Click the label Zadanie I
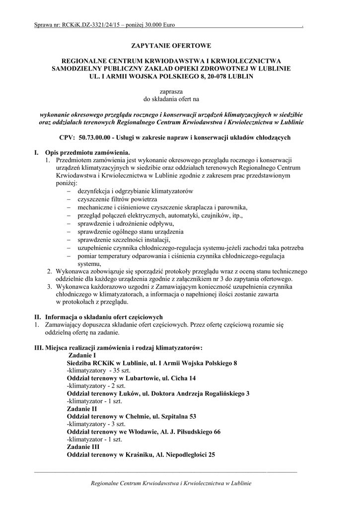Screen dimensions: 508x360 [x=82, y=356]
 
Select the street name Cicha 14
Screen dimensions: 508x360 [x=183, y=378]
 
